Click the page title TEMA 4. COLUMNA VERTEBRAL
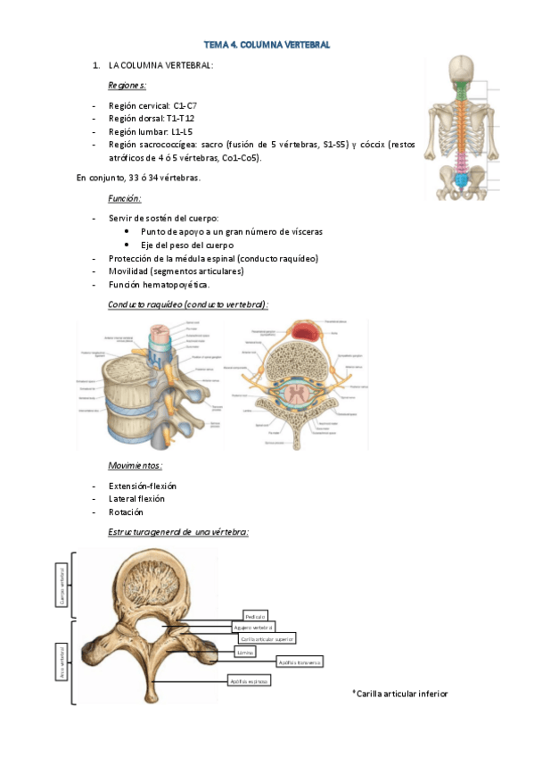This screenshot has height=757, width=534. click(x=267, y=44)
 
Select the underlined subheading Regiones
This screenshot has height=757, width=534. click(x=127, y=86)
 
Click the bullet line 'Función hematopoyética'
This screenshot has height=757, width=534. click(x=159, y=285)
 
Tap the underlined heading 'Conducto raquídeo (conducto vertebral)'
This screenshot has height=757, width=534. click(x=187, y=304)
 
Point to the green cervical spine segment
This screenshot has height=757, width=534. click(x=461, y=91)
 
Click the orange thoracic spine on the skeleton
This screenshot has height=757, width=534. click(x=461, y=125)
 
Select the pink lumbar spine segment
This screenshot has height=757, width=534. click(x=461, y=163)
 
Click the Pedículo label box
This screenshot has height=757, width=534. click(x=255, y=616)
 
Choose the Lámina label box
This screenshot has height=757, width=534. click(x=246, y=652)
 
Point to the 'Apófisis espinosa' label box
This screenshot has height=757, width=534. click(x=248, y=680)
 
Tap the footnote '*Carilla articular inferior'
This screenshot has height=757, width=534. click(x=400, y=694)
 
